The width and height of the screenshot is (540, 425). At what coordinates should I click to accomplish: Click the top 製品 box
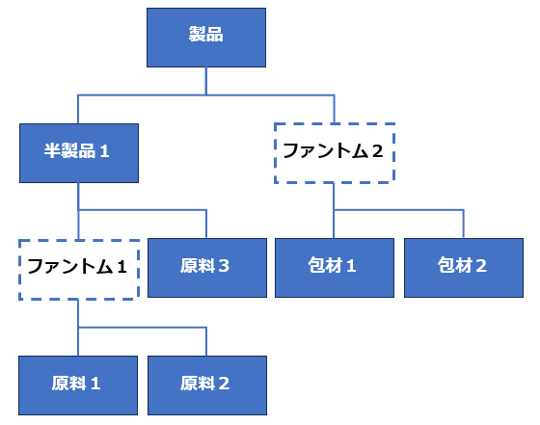pos(206,38)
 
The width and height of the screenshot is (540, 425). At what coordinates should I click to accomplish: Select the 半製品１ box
pos(79,153)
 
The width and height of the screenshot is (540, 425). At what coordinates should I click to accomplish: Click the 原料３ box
pos(207,268)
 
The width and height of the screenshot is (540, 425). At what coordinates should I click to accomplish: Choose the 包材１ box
pos(335,268)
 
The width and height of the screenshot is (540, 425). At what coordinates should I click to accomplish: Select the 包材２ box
pos(464,268)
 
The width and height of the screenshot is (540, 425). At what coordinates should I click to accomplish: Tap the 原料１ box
pos(78,385)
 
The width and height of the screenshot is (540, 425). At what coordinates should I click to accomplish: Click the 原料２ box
pos(207,385)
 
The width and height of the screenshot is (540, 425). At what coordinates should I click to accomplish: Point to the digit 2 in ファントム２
pos(377,151)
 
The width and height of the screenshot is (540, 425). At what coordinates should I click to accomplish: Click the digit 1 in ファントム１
pos(121,267)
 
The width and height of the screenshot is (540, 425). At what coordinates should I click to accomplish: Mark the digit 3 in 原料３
pos(224,266)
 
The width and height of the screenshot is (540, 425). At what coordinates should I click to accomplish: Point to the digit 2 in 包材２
pos(481,266)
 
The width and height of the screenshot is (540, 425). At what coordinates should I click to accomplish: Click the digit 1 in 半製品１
pos(104,151)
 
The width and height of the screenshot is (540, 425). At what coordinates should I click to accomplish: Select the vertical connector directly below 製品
pos(206,81)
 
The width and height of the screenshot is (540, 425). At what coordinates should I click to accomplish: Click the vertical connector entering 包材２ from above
pos(464,224)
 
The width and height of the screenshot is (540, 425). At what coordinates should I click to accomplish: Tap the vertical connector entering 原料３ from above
pos(206,224)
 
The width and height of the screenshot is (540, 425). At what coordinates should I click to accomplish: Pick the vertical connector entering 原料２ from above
pos(206,341)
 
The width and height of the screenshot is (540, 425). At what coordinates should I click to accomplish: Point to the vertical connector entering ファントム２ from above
pos(334,109)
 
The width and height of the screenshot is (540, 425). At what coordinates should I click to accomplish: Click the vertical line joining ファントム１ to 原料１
pos(78,328)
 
